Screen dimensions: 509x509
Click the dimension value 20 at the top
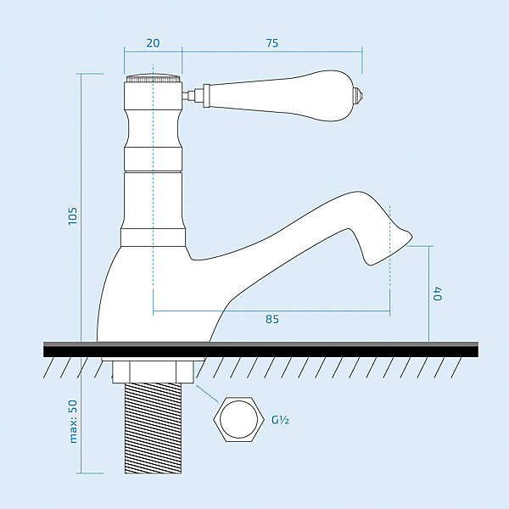point(153,43)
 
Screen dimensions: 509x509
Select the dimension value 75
point(272,43)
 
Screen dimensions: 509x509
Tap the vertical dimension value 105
point(73,215)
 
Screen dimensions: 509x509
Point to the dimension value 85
point(272,319)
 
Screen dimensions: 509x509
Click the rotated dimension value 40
point(437,294)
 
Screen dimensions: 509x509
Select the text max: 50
point(73,421)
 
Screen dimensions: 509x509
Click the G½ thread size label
point(281,420)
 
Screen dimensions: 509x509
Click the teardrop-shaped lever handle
point(279,96)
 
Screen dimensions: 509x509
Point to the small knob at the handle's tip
point(360,96)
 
